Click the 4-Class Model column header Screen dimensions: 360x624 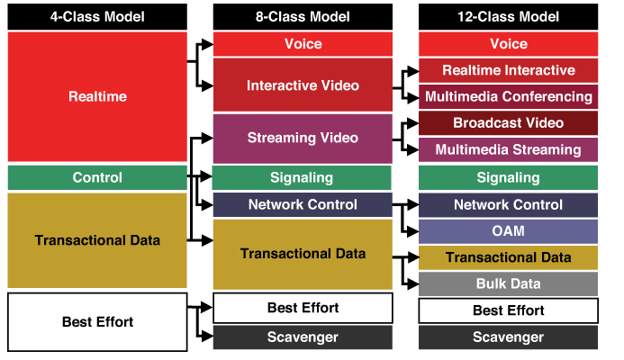tap(97, 17)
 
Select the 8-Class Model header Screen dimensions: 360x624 tap(303, 17)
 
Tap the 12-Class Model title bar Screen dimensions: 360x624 tap(508, 17)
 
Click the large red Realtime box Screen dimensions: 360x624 tap(97, 96)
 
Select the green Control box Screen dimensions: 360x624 tap(97, 177)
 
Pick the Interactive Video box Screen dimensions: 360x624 tap(303, 85)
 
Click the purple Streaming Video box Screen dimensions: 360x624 tap(303, 138)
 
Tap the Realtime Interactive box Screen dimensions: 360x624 tap(508, 70)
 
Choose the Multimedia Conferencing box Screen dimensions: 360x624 tap(508, 96)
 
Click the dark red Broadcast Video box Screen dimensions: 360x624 tap(508, 123)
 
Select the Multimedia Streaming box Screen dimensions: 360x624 tap(508, 149)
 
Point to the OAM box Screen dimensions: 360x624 tap(508, 231)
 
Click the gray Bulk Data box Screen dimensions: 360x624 tap(508, 283)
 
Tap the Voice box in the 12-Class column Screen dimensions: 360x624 tap(508, 44)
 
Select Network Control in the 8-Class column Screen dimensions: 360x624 tap(303, 204)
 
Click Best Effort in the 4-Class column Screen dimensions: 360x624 tap(97, 320)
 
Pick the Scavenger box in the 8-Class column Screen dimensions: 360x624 tap(303, 337)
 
